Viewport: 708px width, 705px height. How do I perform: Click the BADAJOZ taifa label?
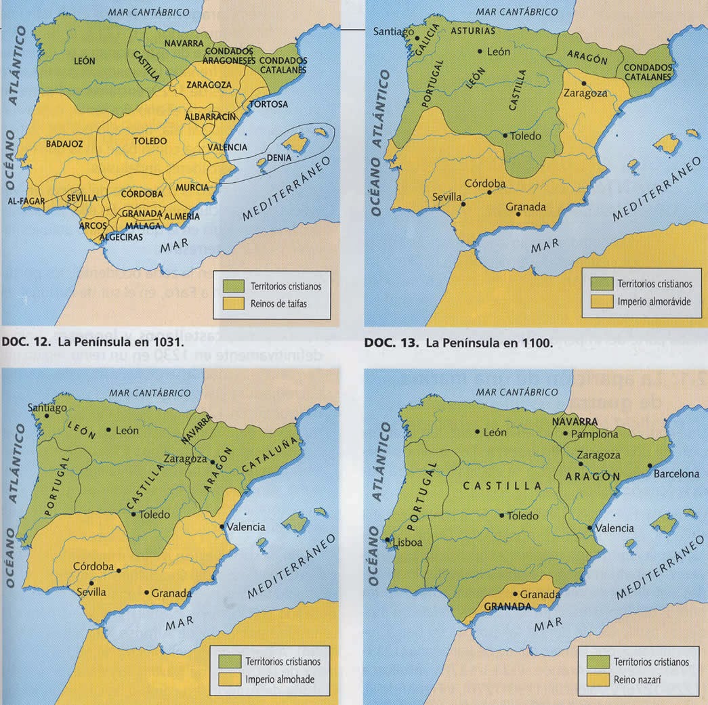(64, 144)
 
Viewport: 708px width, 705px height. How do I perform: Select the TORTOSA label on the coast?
(268, 104)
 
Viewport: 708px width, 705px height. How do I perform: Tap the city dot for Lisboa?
(388, 540)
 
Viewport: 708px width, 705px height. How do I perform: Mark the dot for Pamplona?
(566, 433)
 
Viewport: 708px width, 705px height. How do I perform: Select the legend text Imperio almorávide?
(653, 301)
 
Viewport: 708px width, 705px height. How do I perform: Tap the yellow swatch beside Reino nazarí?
(600, 679)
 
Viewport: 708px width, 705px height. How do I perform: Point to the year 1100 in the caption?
(539, 343)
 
